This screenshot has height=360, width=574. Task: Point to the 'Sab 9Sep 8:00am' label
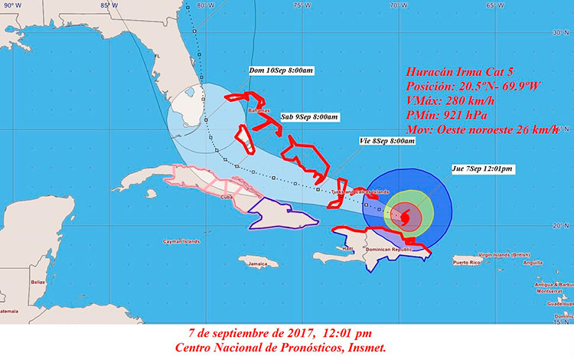[x=308, y=116]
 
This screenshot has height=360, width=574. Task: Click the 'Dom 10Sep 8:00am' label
[x=281, y=70]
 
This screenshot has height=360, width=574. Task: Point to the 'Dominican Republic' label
[x=387, y=250]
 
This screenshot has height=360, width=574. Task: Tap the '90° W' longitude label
[x=12, y=5]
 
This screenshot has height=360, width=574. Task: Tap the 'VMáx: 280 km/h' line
[x=446, y=100]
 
